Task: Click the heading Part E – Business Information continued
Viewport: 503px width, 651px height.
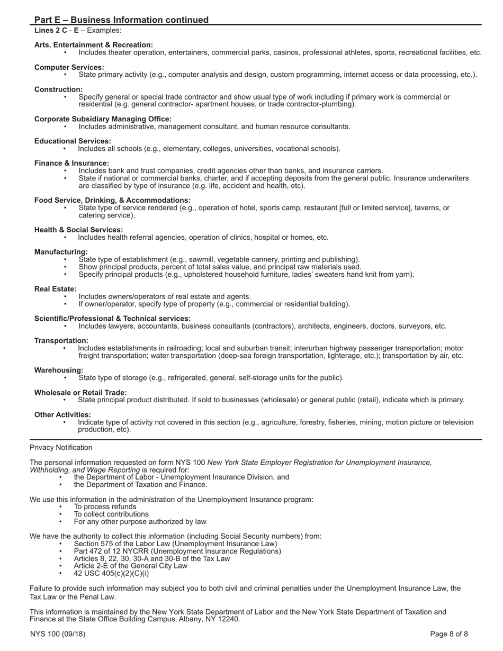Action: click(x=121, y=20)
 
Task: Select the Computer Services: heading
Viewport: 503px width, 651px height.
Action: click(x=69, y=67)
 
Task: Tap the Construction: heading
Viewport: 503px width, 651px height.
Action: click(x=58, y=89)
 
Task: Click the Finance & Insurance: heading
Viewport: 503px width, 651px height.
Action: click(x=71, y=163)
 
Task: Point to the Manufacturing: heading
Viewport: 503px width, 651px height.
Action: click(x=61, y=251)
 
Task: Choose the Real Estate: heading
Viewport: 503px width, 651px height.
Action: click(x=56, y=288)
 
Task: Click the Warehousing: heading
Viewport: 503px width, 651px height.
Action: click(x=59, y=370)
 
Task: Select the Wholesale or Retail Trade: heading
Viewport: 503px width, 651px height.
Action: click(x=80, y=392)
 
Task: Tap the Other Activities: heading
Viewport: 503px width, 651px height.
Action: click(x=62, y=414)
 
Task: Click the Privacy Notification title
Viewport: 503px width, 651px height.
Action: click(x=61, y=447)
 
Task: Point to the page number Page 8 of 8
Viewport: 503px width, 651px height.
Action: click(x=449, y=634)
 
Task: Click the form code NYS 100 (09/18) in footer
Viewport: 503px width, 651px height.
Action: click(x=58, y=634)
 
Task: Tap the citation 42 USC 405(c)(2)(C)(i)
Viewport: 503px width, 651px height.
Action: click(x=111, y=573)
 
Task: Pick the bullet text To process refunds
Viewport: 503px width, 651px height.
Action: click(x=105, y=507)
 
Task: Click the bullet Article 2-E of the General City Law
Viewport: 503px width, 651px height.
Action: click(x=130, y=566)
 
